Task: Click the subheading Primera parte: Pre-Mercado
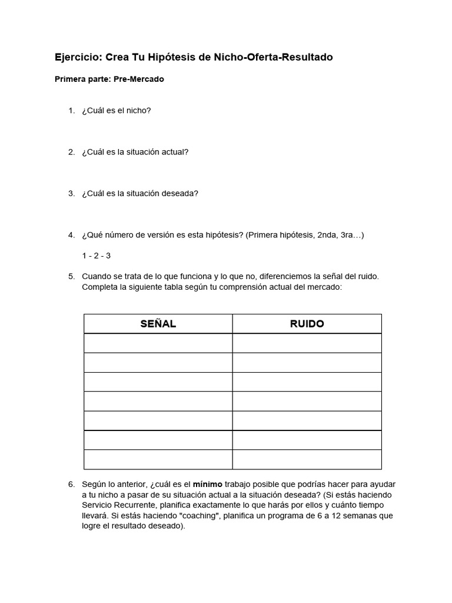[109, 79]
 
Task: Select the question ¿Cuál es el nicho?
[117, 110]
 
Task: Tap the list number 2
[71, 152]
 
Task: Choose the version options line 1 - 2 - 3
[97, 256]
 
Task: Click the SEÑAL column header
[158, 324]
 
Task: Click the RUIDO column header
[307, 324]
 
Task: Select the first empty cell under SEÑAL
[158, 343]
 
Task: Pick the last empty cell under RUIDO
[307, 459]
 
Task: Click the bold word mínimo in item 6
[208, 484]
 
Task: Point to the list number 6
[71, 484]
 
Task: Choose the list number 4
[71, 235]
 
